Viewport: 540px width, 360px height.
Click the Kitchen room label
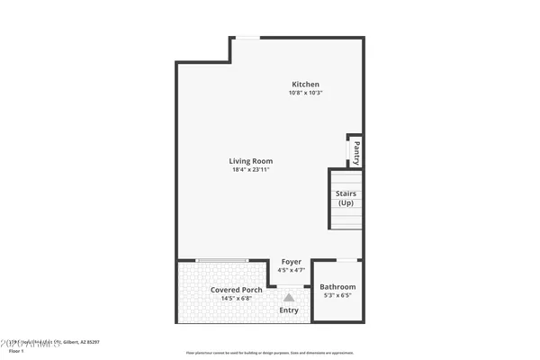[305, 85]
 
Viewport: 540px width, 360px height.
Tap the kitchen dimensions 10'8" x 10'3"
[305, 93]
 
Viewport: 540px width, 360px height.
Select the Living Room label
[251, 161]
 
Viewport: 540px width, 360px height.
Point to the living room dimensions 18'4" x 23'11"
[251, 169]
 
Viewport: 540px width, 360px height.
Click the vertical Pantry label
[357, 149]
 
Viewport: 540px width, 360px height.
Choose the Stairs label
[346, 193]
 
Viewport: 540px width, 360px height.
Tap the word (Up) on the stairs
[346, 202]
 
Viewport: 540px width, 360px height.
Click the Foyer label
[292, 262]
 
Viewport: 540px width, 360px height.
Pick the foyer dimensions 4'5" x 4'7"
[292, 270]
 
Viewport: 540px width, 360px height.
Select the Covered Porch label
[237, 290]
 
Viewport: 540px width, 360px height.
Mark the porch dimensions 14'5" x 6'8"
[237, 298]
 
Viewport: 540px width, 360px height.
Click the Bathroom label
[337, 287]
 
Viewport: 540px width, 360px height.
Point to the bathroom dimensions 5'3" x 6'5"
[337, 295]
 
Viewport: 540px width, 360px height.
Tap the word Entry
[289, 310]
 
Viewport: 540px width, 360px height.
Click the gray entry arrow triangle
[289, 296]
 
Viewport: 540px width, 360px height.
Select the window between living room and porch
[222, 260]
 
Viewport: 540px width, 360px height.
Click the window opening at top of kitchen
[247, 37]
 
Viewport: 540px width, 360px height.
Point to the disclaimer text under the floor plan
[270, 352]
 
